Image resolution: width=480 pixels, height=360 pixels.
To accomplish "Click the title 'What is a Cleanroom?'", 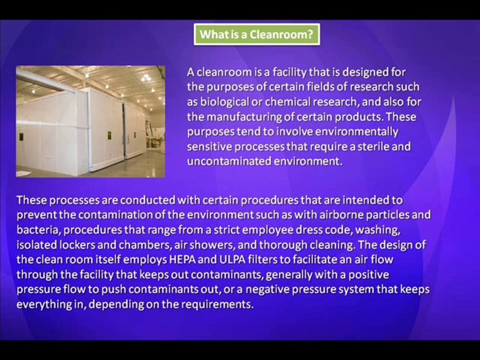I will click(x=256, y=34).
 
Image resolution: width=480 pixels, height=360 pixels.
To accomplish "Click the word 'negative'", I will click(x=269, y=289).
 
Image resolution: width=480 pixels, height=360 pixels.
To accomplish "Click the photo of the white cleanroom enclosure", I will click(x=90, y=121).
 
